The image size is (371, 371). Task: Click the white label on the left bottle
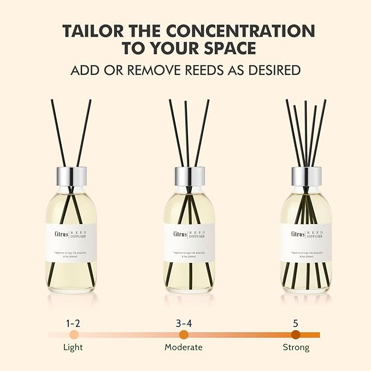72,242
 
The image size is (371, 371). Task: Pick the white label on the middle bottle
189,242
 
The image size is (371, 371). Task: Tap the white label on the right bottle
306,242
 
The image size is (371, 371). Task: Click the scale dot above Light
74,334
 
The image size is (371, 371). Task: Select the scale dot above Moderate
184,334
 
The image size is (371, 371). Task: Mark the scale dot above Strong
296,334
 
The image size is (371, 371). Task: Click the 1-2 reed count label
73,323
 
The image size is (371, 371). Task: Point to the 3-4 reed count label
184,323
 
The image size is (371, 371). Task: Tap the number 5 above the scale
296,323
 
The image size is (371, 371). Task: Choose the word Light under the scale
73,348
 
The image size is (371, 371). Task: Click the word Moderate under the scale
184,348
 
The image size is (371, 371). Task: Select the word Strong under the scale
296,348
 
